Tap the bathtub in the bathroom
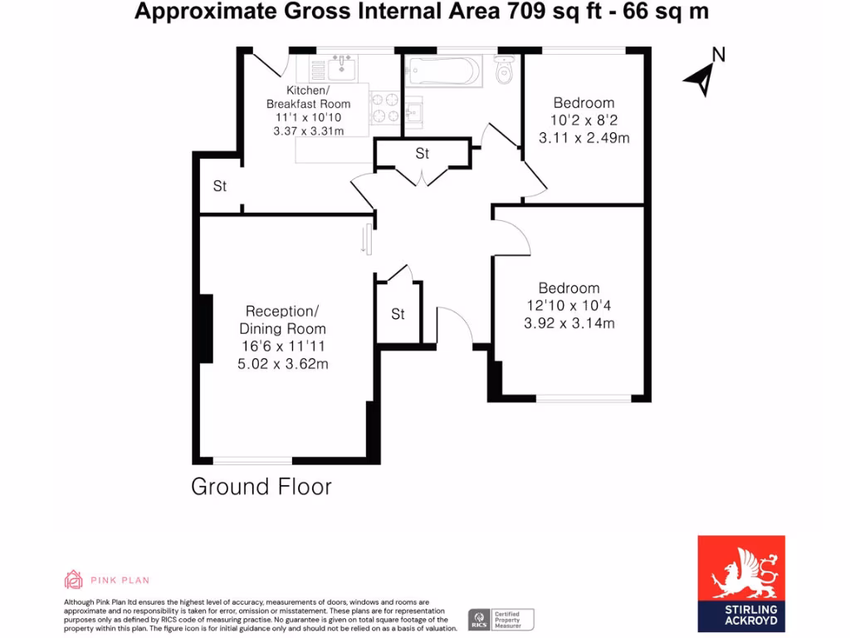pyautogui.click(x=442, y=72)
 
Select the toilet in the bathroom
pyautogui.click(x=503, y=72)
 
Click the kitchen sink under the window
pyautogui.click(x=341, y=67)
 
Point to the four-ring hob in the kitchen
pyautogui.click(x=385, y=106)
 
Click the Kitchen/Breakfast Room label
pyautogui.click(x=308, y=96)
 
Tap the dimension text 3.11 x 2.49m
pyautogui.click(x=584, y=138)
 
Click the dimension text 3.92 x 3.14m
pyautogui.click(x=569, y=323)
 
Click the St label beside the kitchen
pyautogui.click(x=219, y=186)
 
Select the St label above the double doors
pyautogui.click(x=423, y=154)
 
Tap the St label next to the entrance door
pyautogui.click(x=398, y=314)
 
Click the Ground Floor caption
pyautogui.click(x=261, y=487)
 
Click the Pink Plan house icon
pyautogui.click(x=74, y=579)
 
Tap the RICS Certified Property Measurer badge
pyautogui.click(x=501, y=619)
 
